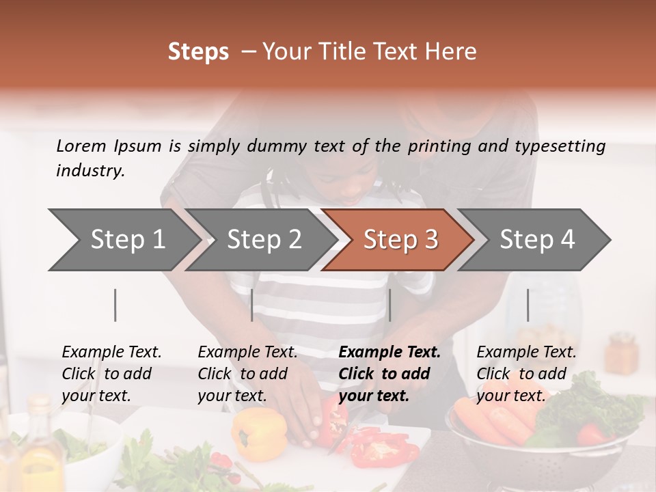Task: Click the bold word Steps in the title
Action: point(198,52)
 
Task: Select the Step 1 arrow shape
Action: point(123,240)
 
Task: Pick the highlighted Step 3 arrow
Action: point(400,240)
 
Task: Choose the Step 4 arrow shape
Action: point(537,240)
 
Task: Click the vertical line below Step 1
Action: point(115,305)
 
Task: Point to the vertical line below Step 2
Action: point(252,305)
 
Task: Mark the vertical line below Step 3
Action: point(389,305)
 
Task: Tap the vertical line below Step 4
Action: point(528,305)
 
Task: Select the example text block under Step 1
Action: point(111,374)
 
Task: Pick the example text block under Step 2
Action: point(247,374)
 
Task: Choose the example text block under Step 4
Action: point(526,374)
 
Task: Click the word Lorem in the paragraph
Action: point(81,146)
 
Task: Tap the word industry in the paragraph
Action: point(90,171)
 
